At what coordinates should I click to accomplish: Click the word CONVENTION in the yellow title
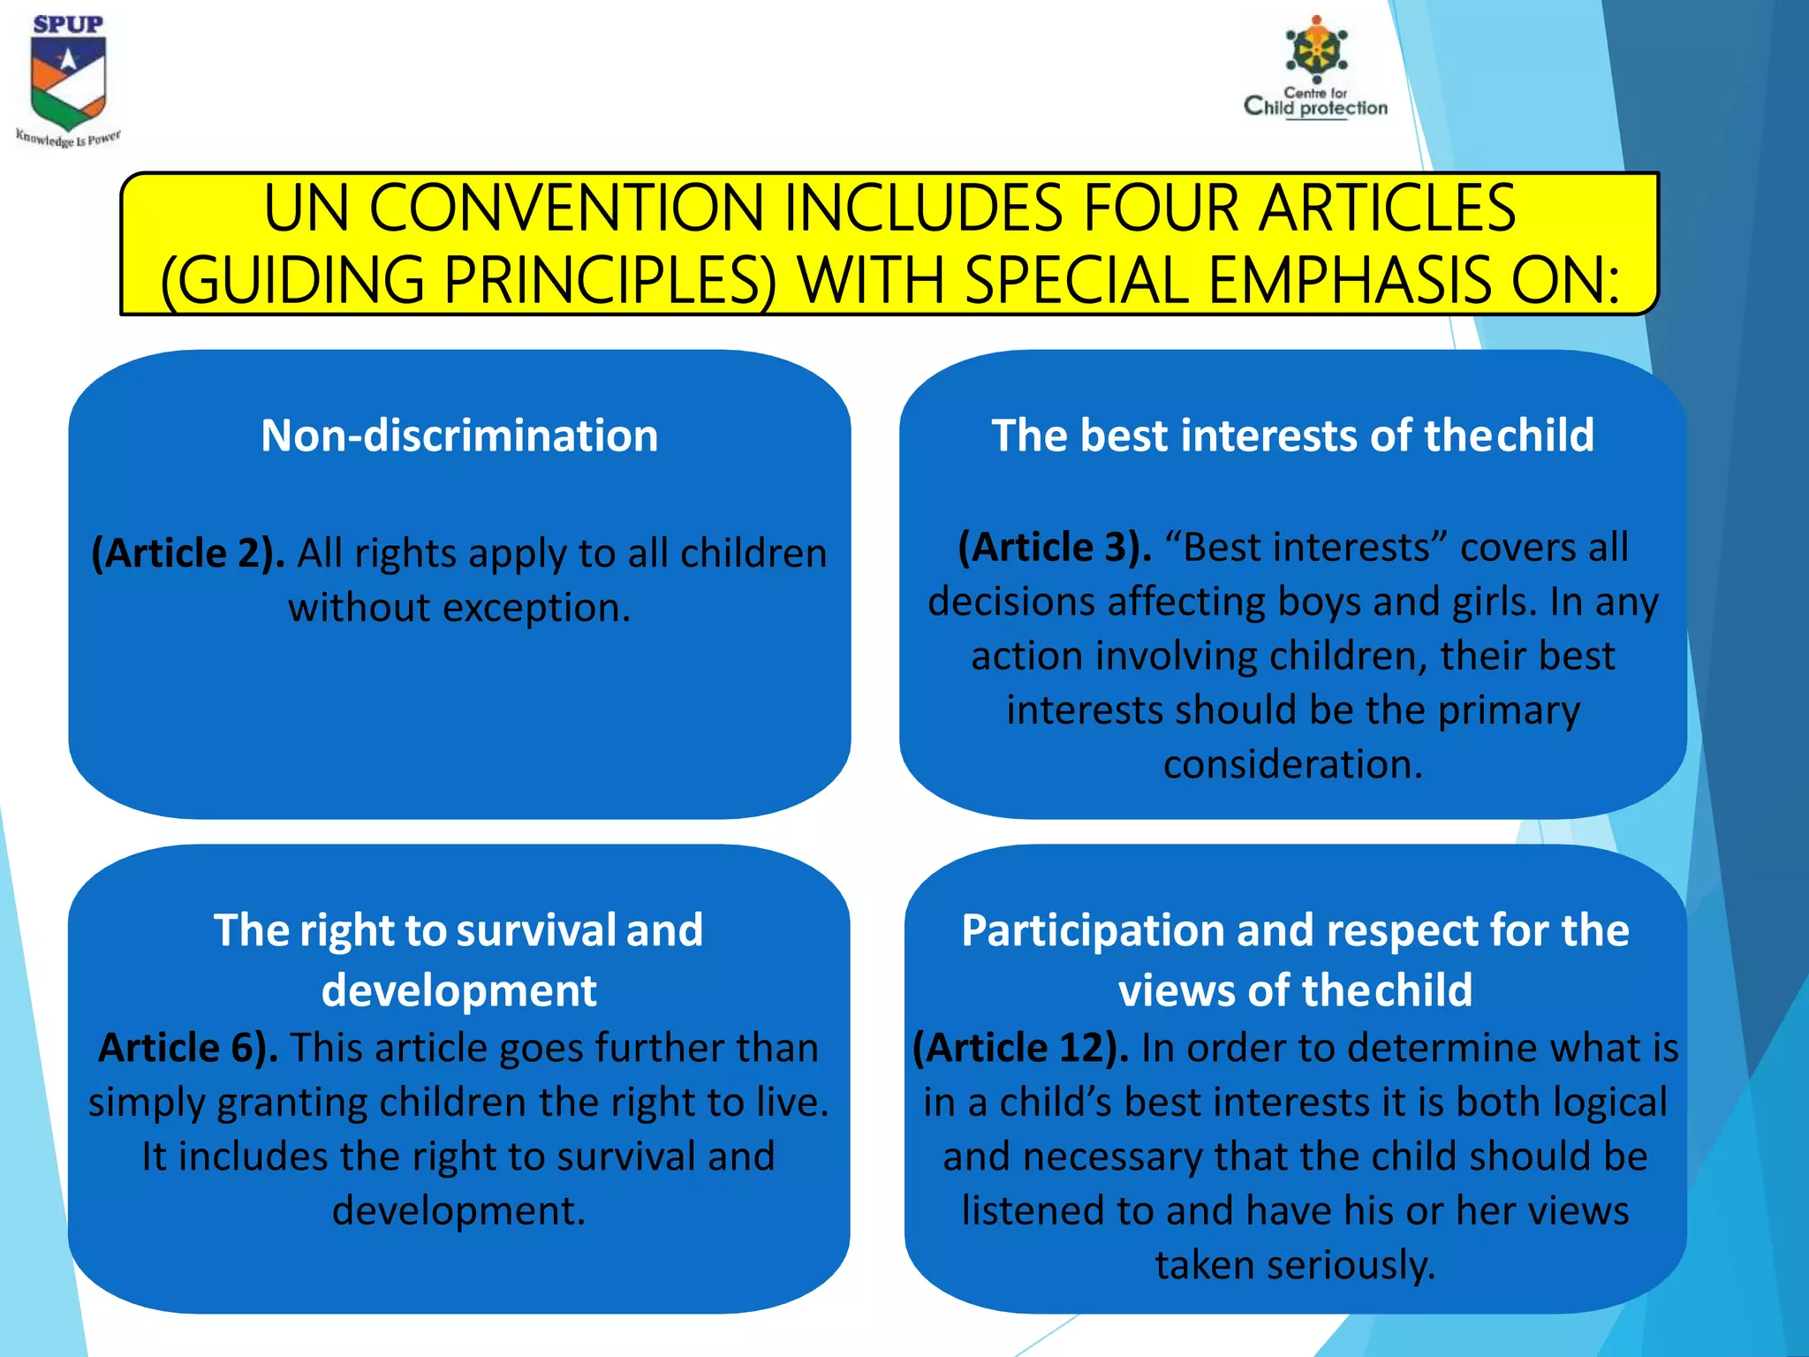click(x=565, y=209)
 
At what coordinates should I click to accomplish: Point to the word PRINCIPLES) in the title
click(x=609, y=281)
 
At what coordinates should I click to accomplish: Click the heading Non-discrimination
click(x=459, y=436)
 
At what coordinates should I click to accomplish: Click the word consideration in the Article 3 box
click(x=1292, y=765)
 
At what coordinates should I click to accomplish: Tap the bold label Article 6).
click(x=188, y=1049)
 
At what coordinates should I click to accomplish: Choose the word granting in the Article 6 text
click(x=291, y=1103)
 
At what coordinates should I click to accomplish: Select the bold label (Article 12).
click(x=1020, y=1049)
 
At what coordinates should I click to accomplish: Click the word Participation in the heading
click(x=1092, y=931)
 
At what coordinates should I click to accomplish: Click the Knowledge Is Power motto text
click(x=68, y=139)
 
